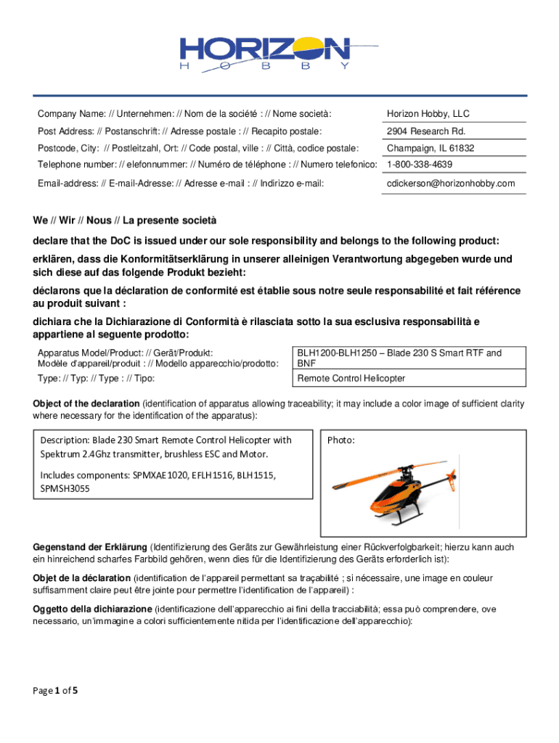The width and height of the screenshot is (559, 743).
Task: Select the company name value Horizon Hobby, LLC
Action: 428,114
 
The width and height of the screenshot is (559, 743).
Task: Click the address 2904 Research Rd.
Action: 425,131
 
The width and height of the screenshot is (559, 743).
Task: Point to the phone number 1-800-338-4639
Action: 420,165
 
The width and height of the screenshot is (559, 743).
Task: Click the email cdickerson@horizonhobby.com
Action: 450,184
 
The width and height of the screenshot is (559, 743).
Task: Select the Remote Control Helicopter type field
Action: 351,378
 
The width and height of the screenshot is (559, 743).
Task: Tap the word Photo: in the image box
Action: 341,440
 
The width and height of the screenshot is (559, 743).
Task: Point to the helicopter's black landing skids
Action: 398,520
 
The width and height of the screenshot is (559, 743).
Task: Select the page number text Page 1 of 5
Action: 55,690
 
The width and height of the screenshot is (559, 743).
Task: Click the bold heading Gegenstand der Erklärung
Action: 90,546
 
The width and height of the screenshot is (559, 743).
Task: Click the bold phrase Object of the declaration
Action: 86,403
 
